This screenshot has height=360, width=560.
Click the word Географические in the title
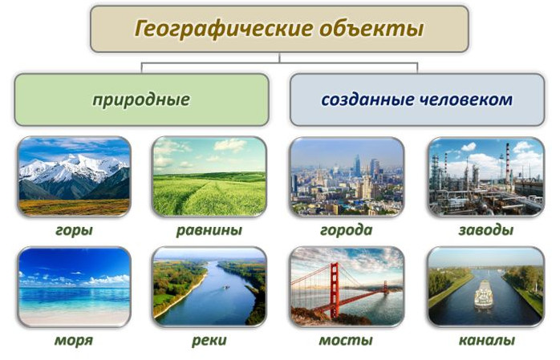pos(223,29)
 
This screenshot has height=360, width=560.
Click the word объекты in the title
pos(371,29)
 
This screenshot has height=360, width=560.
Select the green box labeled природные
pos(141,99)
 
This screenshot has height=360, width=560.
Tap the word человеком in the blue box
pos(465,99)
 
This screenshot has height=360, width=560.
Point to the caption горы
pos(74,230)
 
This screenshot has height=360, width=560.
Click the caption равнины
pos(209,230)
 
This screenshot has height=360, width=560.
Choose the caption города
pos(346,230)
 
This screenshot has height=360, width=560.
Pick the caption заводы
pos(486,230)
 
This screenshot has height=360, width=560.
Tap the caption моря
pos(74,340)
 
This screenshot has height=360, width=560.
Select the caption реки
pos(209,340)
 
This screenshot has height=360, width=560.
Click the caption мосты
pos(346,340)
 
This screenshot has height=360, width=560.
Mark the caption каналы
pos(486,340)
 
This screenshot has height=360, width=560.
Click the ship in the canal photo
pos(484,295)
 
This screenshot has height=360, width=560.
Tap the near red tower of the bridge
pos(335,291)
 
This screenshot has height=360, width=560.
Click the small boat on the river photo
pos(226,287)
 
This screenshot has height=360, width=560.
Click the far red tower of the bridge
pos(386,288)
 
